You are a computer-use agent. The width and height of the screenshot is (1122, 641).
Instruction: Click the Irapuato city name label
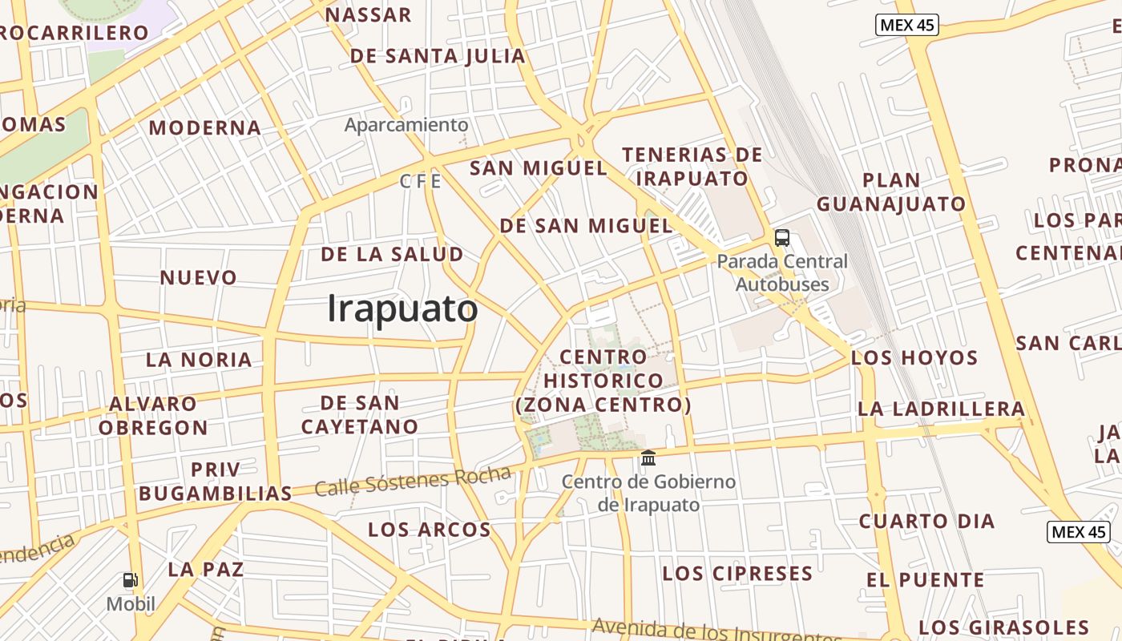coord(402,309)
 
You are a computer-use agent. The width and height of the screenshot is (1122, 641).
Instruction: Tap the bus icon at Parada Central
coord(781,238)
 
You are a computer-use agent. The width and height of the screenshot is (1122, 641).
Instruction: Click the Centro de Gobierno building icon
coord(648,458)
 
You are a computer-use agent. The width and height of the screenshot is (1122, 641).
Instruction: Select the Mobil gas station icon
coord(130,580)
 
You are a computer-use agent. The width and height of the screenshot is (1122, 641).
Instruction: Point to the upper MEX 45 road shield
coord(906,25)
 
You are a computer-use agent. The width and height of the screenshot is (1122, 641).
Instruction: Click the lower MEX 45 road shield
coord(1078,531)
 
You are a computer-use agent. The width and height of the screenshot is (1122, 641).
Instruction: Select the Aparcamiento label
coord(406,125)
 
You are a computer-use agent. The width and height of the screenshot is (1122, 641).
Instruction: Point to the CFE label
coord(421,182)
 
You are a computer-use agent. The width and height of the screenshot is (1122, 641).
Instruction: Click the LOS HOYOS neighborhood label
coord(914,357)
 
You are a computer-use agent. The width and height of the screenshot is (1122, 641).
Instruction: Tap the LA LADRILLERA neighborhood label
coord(941,409)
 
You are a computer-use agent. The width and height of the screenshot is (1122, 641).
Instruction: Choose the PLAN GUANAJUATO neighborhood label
coord(891,192)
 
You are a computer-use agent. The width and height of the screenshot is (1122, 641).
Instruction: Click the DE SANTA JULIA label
coord(438,56)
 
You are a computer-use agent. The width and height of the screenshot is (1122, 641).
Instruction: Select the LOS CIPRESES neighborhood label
coord(737,574)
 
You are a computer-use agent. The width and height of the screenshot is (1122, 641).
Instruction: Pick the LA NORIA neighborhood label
coord(199,360)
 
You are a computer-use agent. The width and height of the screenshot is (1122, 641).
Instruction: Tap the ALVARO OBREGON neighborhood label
coord(153,415)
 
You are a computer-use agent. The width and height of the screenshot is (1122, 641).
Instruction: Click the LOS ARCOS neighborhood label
coord(429,530)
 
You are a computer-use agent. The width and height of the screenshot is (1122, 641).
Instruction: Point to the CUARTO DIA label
coord(926,522)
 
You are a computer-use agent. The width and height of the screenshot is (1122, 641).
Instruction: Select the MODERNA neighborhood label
coord(204,128)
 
